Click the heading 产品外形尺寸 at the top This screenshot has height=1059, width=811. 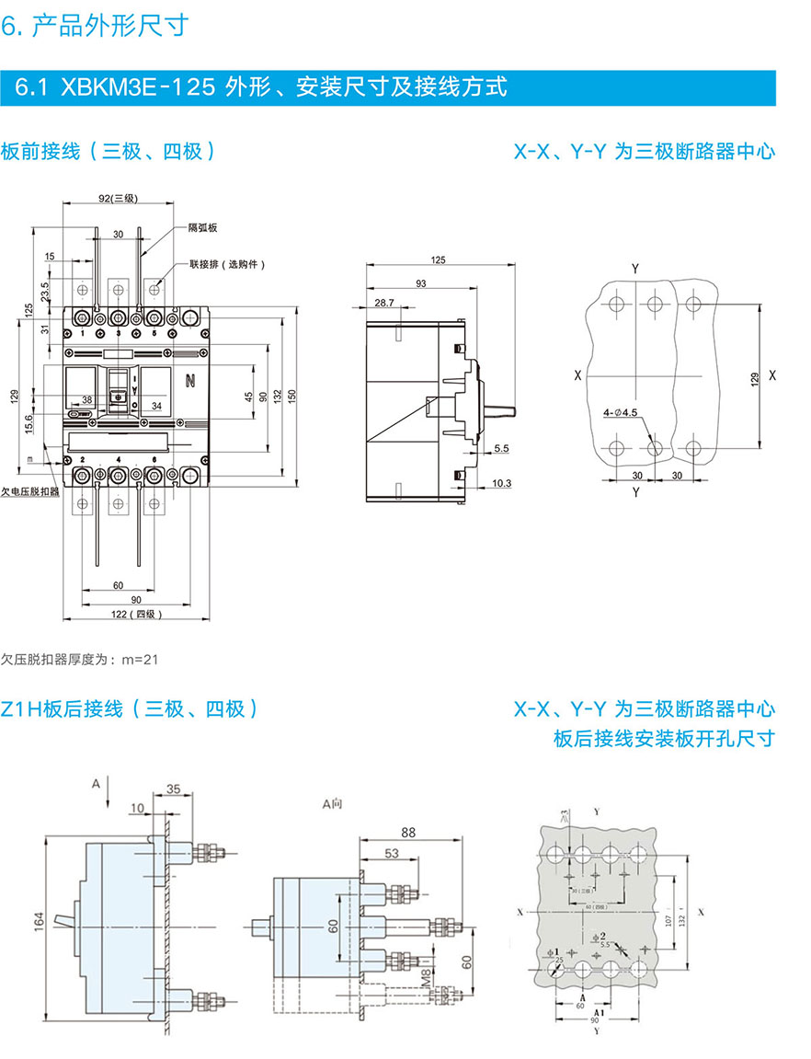[110, 26]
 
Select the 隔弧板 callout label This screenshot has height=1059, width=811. [201, 226]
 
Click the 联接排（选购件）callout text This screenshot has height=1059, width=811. [226, 264]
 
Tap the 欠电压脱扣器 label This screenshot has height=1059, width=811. [30, 492]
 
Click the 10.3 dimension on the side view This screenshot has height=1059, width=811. [502, 482]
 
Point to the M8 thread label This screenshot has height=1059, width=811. [425, 975]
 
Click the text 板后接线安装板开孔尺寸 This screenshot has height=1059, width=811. [664, 739]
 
